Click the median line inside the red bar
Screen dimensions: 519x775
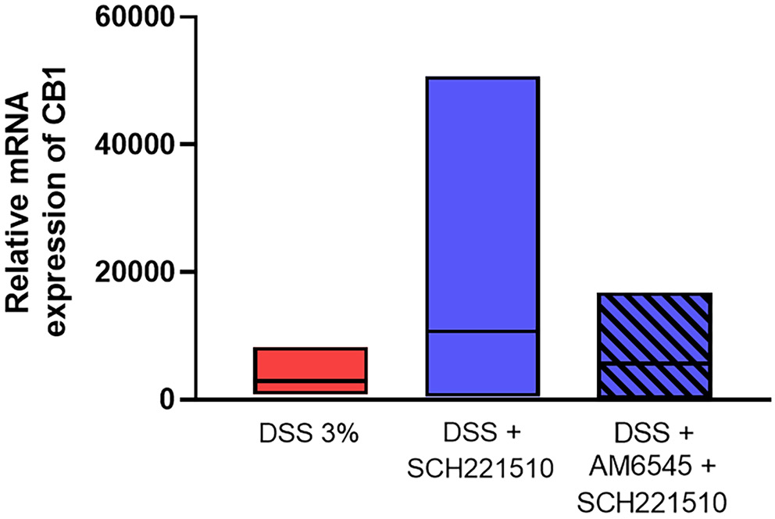tap(311, 381)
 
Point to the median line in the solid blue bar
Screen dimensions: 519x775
tap(480, 331)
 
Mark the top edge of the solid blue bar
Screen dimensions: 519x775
tap(480, 78)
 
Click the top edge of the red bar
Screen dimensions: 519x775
tap(311, 349)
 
